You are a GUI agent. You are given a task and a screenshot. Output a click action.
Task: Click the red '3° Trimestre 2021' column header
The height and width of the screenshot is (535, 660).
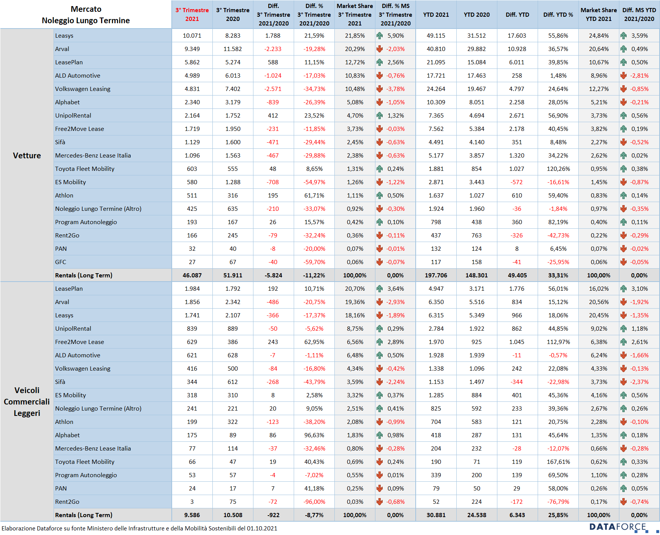192,14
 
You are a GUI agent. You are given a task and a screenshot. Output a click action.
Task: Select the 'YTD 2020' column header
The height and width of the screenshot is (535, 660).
476,15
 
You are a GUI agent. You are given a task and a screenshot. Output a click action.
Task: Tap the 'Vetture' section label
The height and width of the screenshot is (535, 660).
27,156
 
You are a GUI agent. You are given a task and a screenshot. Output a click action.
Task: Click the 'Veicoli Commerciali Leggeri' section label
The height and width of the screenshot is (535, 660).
27,401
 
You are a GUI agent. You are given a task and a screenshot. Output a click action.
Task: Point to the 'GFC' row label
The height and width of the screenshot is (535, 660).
60,262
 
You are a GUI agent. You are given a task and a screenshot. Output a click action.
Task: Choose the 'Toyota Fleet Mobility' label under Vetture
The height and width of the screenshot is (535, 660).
85,169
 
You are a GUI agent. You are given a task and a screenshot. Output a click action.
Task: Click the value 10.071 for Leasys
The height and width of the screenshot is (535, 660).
192,36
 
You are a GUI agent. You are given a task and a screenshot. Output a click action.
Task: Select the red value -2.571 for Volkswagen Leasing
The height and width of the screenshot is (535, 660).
273,89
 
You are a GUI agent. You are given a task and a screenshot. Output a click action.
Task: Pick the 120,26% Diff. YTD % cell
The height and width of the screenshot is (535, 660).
558,169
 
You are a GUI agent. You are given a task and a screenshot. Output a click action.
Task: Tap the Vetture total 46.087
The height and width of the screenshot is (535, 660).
192,275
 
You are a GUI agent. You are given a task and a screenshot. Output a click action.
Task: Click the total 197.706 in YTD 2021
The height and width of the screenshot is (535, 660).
436,275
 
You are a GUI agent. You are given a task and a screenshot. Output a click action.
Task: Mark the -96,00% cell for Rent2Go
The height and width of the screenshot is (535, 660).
314,502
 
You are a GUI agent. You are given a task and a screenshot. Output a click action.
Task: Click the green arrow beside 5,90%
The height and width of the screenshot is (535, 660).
380,36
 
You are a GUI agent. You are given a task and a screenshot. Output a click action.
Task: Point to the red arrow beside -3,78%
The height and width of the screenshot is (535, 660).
380,89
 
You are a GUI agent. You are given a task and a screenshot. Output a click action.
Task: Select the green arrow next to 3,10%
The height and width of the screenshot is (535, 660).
624,289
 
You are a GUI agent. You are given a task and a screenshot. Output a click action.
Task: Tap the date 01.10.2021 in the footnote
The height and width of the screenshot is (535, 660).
262,528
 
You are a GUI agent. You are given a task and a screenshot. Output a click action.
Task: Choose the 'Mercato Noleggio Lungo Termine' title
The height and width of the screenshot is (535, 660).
86,15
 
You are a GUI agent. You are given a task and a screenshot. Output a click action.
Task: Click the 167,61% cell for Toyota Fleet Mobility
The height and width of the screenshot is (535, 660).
558,462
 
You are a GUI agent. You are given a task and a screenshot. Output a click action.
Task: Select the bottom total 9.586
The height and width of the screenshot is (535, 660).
192,515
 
